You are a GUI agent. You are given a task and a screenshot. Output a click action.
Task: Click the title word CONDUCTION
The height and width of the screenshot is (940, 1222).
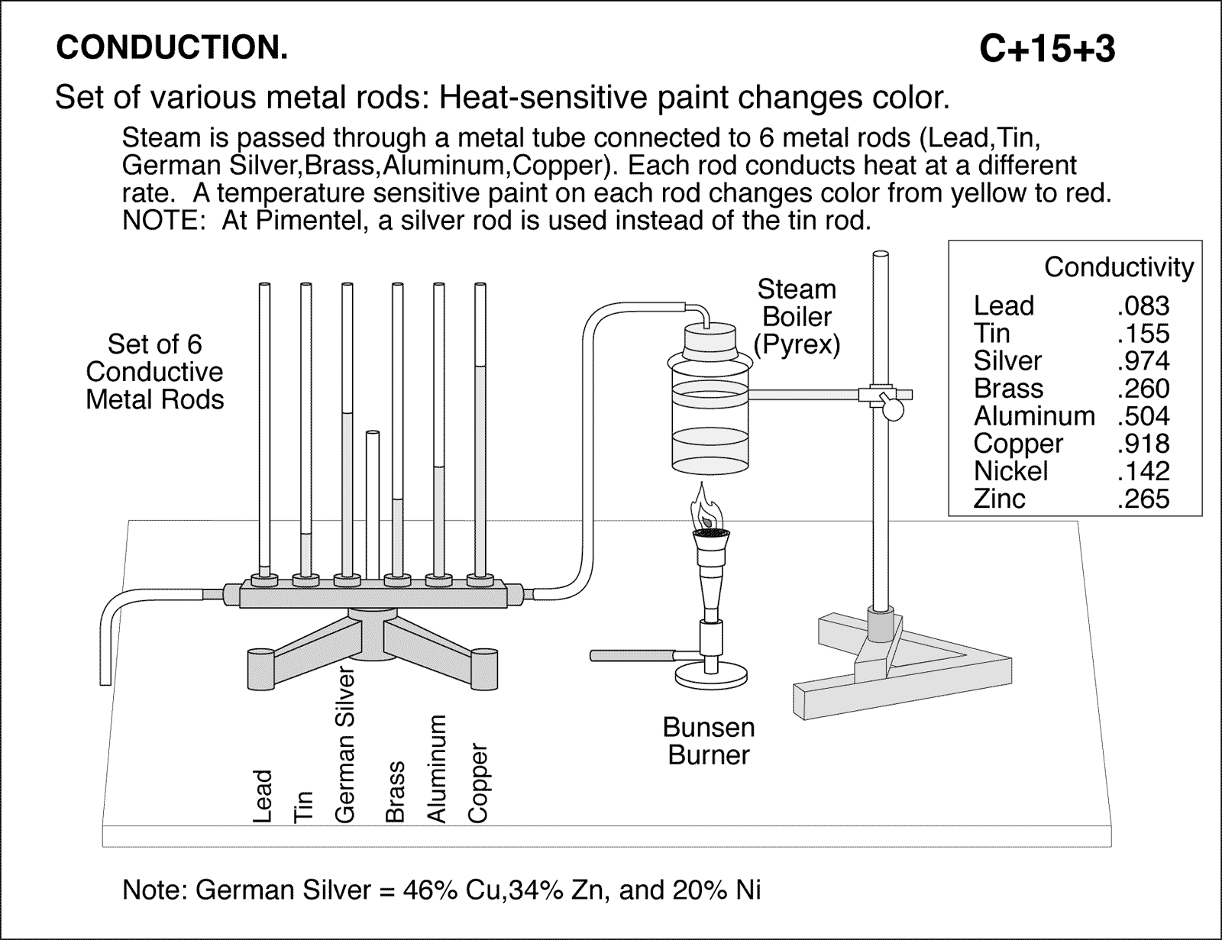click(x=172, y=48)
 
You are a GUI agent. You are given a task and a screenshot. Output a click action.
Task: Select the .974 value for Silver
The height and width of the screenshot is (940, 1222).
click(x=1143, y=361)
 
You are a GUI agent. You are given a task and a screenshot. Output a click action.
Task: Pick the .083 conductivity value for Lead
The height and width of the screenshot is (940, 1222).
click(x=1143, y=306)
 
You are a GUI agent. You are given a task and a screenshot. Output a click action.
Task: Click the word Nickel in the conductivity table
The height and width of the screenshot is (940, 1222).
click(x=1010, y=471)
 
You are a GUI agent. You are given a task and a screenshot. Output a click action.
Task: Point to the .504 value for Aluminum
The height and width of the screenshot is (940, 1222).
click(x=1143, y=416)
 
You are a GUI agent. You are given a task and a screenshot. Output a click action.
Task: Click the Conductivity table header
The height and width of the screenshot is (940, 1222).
click(x=1118, y=267)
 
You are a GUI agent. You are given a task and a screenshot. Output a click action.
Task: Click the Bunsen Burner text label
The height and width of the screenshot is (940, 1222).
click(x=709, y=741)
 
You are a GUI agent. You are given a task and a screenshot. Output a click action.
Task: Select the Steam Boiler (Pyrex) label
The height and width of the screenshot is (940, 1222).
click(x=797, y=317)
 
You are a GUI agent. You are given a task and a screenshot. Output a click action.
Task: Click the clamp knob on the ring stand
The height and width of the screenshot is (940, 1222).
click(x=891, y=408)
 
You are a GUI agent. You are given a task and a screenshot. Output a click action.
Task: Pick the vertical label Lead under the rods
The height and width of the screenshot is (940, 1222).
click(x=262, y=796)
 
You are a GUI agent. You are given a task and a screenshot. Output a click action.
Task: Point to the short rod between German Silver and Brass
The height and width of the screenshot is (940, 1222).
click(x=373, y=504)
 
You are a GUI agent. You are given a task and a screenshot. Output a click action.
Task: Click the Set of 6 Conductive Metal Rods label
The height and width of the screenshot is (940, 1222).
click(x=155, y=372)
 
